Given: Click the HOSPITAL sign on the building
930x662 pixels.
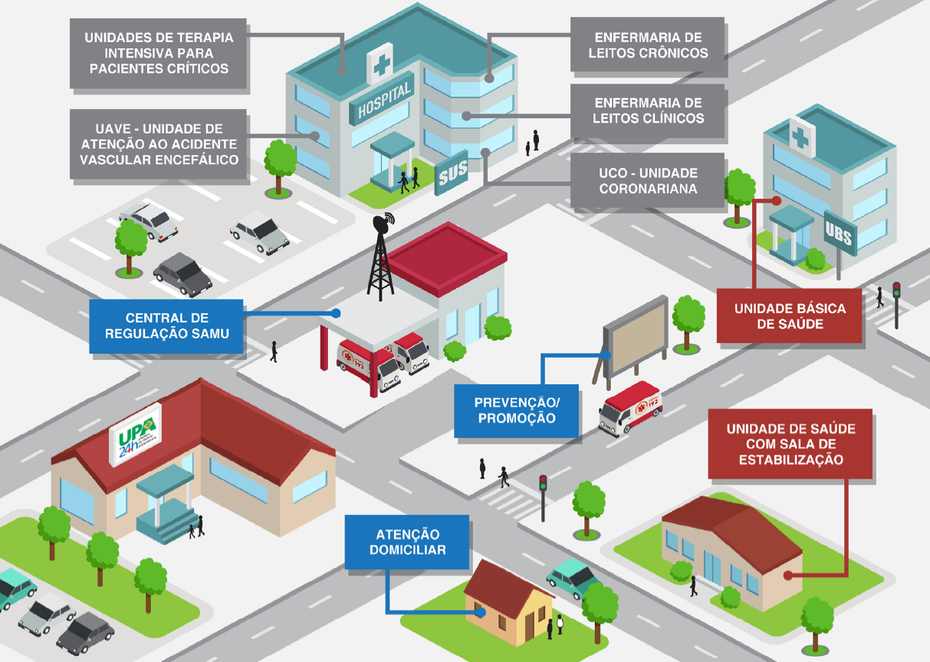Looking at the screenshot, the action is pyautogui.click(x=382, y=99).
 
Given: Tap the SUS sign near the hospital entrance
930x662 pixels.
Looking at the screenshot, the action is pyautogui.click(x=452, y=173).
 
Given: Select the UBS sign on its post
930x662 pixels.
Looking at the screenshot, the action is pyautogui.click(x=840, y=233).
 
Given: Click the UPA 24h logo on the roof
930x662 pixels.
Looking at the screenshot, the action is pyautogui.click(x=136, y=434).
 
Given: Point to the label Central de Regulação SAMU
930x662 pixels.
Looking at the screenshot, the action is pyautogui.click(x=166, y=326).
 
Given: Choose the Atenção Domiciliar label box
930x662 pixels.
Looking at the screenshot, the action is pyautogui.click(x=407, y=542).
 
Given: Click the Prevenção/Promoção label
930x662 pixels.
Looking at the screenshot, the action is pyautogui.click(x=516, y=410).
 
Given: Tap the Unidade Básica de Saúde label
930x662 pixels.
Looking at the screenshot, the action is pyautogui.click(x=789, y=315).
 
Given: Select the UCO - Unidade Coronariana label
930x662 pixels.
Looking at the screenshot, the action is pyautogui.click(x=647, y=181).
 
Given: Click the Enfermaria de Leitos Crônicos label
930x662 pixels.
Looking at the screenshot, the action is pyautogui.click(x=647, y=44).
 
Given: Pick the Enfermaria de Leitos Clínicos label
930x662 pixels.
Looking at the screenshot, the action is pyautogui.click(x=647, y=110).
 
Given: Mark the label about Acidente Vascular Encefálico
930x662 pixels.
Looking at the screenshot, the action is pyautogui.click(x=158, y=144).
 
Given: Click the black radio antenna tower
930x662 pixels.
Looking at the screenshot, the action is pyautogui.click(x=381, y=258).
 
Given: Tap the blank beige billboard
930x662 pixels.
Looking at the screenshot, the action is pyautogui.click(x=636, y=334).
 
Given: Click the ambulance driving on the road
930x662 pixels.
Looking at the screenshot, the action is pyautogui.click(x=629, y=408).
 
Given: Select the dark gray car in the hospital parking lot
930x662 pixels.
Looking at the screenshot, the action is pyautogui.click(x=182, y=275).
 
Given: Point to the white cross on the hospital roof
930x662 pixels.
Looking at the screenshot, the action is pyautogui.click(x=380, y=64).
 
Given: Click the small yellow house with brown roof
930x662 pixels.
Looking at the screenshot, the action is pyautogui.click(x=508, y=601).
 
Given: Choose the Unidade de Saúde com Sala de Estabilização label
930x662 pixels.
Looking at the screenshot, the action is pyautogui.click(x=790, y=443).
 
